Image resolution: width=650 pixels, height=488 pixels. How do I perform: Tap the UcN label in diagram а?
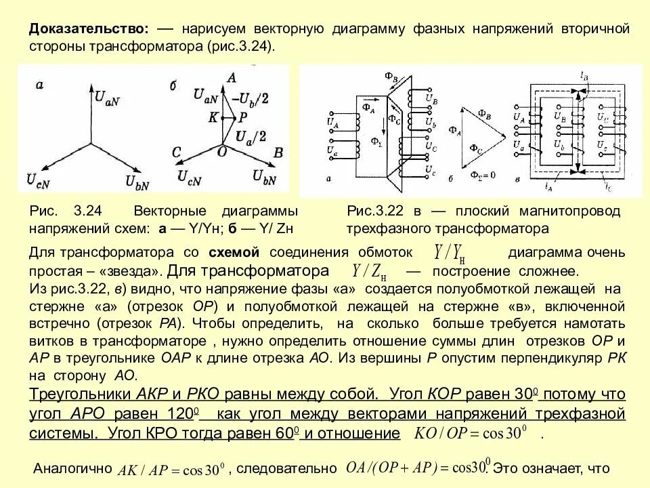click(39, 180)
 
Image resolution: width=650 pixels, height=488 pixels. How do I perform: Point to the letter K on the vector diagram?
click(213, 117)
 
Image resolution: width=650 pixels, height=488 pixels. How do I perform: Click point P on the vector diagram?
click(242, 117)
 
